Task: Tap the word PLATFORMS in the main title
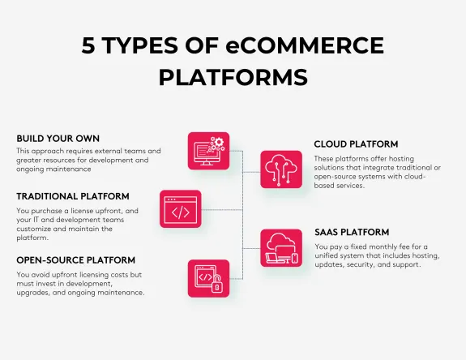pos(233,77)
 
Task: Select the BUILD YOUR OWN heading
pos(58,138)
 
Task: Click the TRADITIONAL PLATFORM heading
pos(73,196)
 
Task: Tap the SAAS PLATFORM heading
pos(352,232)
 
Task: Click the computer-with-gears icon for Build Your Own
pos(208,151)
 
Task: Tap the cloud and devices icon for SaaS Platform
pos(280,249)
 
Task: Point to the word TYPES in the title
pos(145,46)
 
